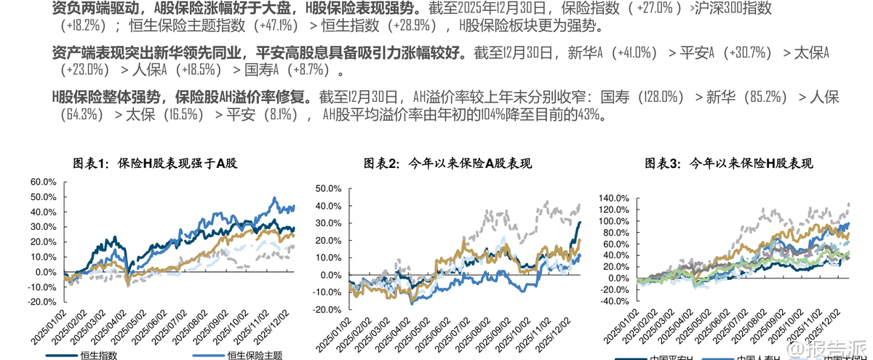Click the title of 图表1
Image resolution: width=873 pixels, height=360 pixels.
pos(155,164)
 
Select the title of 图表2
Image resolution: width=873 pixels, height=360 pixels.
pos(447,164)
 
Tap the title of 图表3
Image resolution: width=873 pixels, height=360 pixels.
pos(729,164)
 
